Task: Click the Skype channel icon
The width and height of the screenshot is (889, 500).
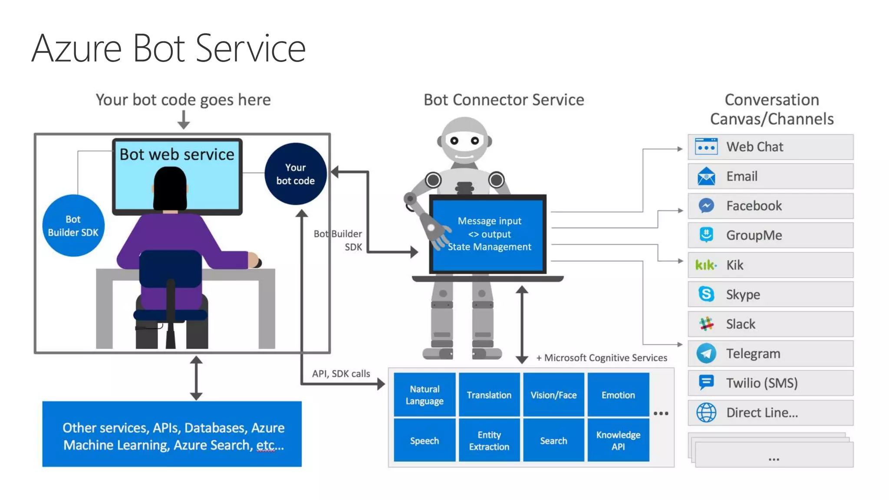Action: click(x=706, y=294)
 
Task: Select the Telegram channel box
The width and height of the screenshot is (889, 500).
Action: click(x=770, y=353)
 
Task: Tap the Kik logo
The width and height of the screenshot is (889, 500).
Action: click(x=706, y=265)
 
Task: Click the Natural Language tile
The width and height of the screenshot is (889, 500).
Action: click(x=425, y=395)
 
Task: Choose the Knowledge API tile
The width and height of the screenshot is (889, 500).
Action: click(x=618, y=440)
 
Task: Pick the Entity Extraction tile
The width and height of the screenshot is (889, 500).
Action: click(x=489, y=440)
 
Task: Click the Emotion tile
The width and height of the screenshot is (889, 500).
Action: click(x=618, y=395)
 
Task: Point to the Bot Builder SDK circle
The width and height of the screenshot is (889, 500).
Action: click(x=73, y=226)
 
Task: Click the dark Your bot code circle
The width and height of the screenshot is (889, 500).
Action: click(x=296, y=174)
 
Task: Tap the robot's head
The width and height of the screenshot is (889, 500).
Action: click(x=464, y=141)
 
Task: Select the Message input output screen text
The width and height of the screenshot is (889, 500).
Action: click(x=489, y=234)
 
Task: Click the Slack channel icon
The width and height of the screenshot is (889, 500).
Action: click(x=706, y=324)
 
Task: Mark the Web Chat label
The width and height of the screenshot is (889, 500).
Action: click(x=754, y=147)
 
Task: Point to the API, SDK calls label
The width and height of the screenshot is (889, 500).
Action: click(x=341, y=373)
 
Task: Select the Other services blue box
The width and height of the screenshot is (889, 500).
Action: click(x=172, y=434)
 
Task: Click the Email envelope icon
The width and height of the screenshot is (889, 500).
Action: click(x=706, y=176)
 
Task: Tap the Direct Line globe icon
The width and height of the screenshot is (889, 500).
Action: click(x=706, y=412)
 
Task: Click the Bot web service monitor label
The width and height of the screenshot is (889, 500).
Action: click(x=177, y=154)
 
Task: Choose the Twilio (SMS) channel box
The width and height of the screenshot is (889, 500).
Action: click(x=770, y=383)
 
